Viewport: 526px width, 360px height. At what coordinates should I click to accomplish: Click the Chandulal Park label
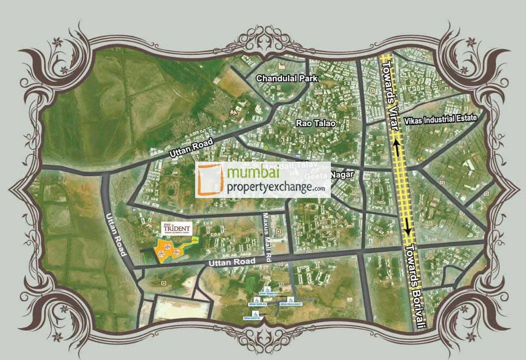[286, 78]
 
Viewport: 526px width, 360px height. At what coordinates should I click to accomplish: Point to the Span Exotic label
[251, 318]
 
